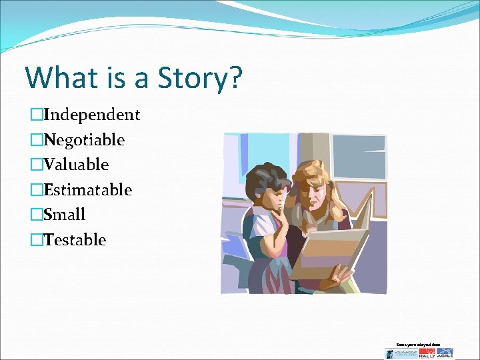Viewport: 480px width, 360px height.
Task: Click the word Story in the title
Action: pos(195,77)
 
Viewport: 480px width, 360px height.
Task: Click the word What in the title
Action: pos(59,77)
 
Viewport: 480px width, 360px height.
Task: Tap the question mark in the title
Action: pos(234,77)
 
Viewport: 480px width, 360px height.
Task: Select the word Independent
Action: pos(91,115)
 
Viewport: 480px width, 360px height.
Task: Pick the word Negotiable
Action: pos(84,140)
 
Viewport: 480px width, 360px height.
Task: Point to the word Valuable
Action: pos(76,165)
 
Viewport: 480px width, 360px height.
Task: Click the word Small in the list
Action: pos(65,215)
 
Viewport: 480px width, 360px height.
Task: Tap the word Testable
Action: pos(74,240)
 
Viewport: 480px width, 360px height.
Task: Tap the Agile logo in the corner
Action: pos(445,353)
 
